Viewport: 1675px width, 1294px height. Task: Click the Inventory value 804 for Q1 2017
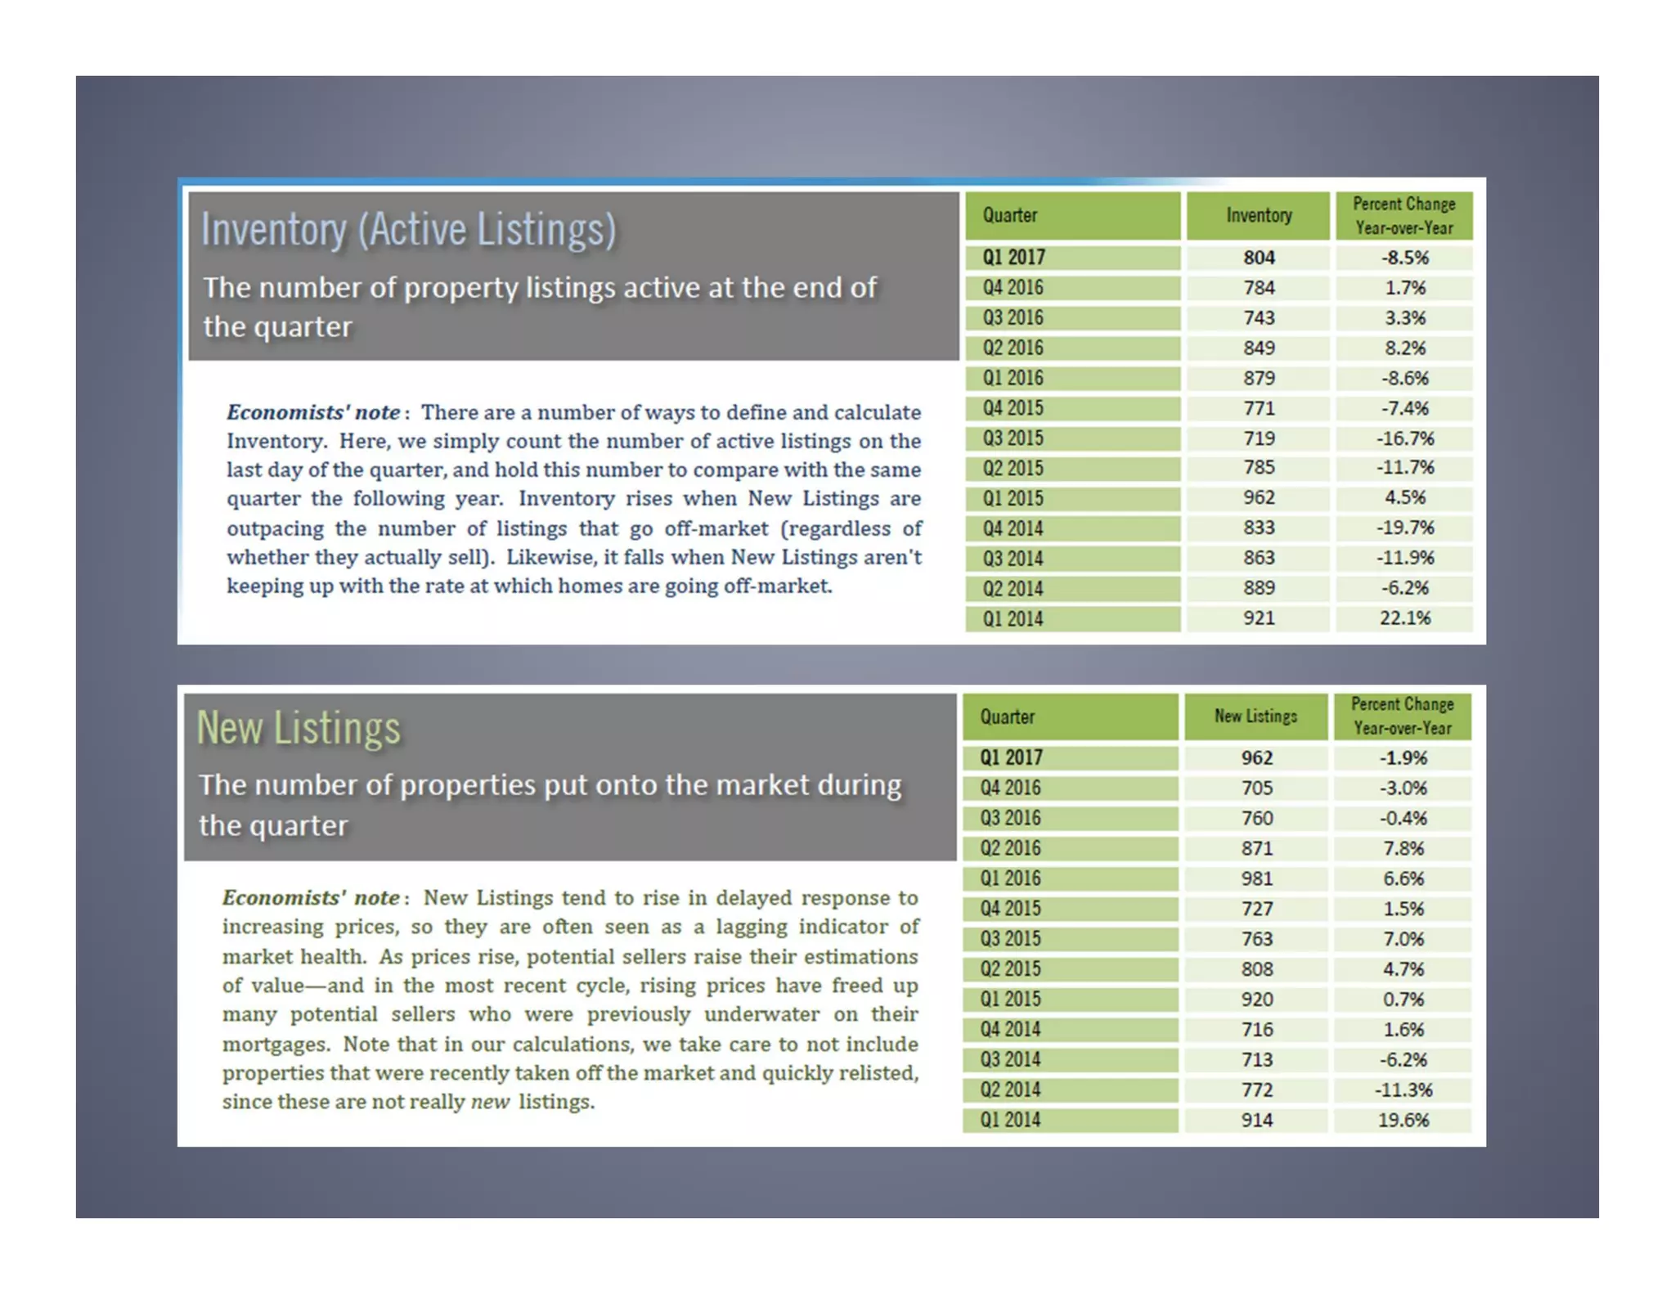(x=1259, y=258)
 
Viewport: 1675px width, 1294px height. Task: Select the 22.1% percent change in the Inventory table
(x=1404, y=618)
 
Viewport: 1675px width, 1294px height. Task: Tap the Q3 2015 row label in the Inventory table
(x=1013, y=438)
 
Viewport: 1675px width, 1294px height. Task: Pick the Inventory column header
(x=1259, y=215)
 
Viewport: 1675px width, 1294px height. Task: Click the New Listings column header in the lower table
(x=1255, y=717)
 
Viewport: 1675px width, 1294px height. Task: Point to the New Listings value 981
(x=1256, y=878)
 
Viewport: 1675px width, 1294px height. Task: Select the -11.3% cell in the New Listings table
(x=1403, y=1090)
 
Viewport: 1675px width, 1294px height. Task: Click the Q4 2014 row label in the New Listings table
(x=1011, y=1029)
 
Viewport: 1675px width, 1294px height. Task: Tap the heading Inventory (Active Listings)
(x=408, y=230)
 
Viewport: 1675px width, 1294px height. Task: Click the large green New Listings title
(x=299, y=728)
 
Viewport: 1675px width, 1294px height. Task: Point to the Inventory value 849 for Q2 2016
(x=1259, y=348)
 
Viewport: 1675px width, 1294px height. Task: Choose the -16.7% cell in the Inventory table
(x=1404, y=438)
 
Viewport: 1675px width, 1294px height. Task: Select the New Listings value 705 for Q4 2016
(x=1256, y=788)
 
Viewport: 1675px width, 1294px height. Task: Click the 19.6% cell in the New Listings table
(x=1403, y=1120)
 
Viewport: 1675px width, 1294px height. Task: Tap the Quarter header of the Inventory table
(x=1010, y=215)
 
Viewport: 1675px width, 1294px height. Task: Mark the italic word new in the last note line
(x=490, y=1102)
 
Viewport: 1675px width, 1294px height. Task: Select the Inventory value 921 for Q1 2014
(x=1259, y=618)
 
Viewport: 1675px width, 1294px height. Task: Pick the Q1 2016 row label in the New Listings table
(x=1011, y=878)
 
